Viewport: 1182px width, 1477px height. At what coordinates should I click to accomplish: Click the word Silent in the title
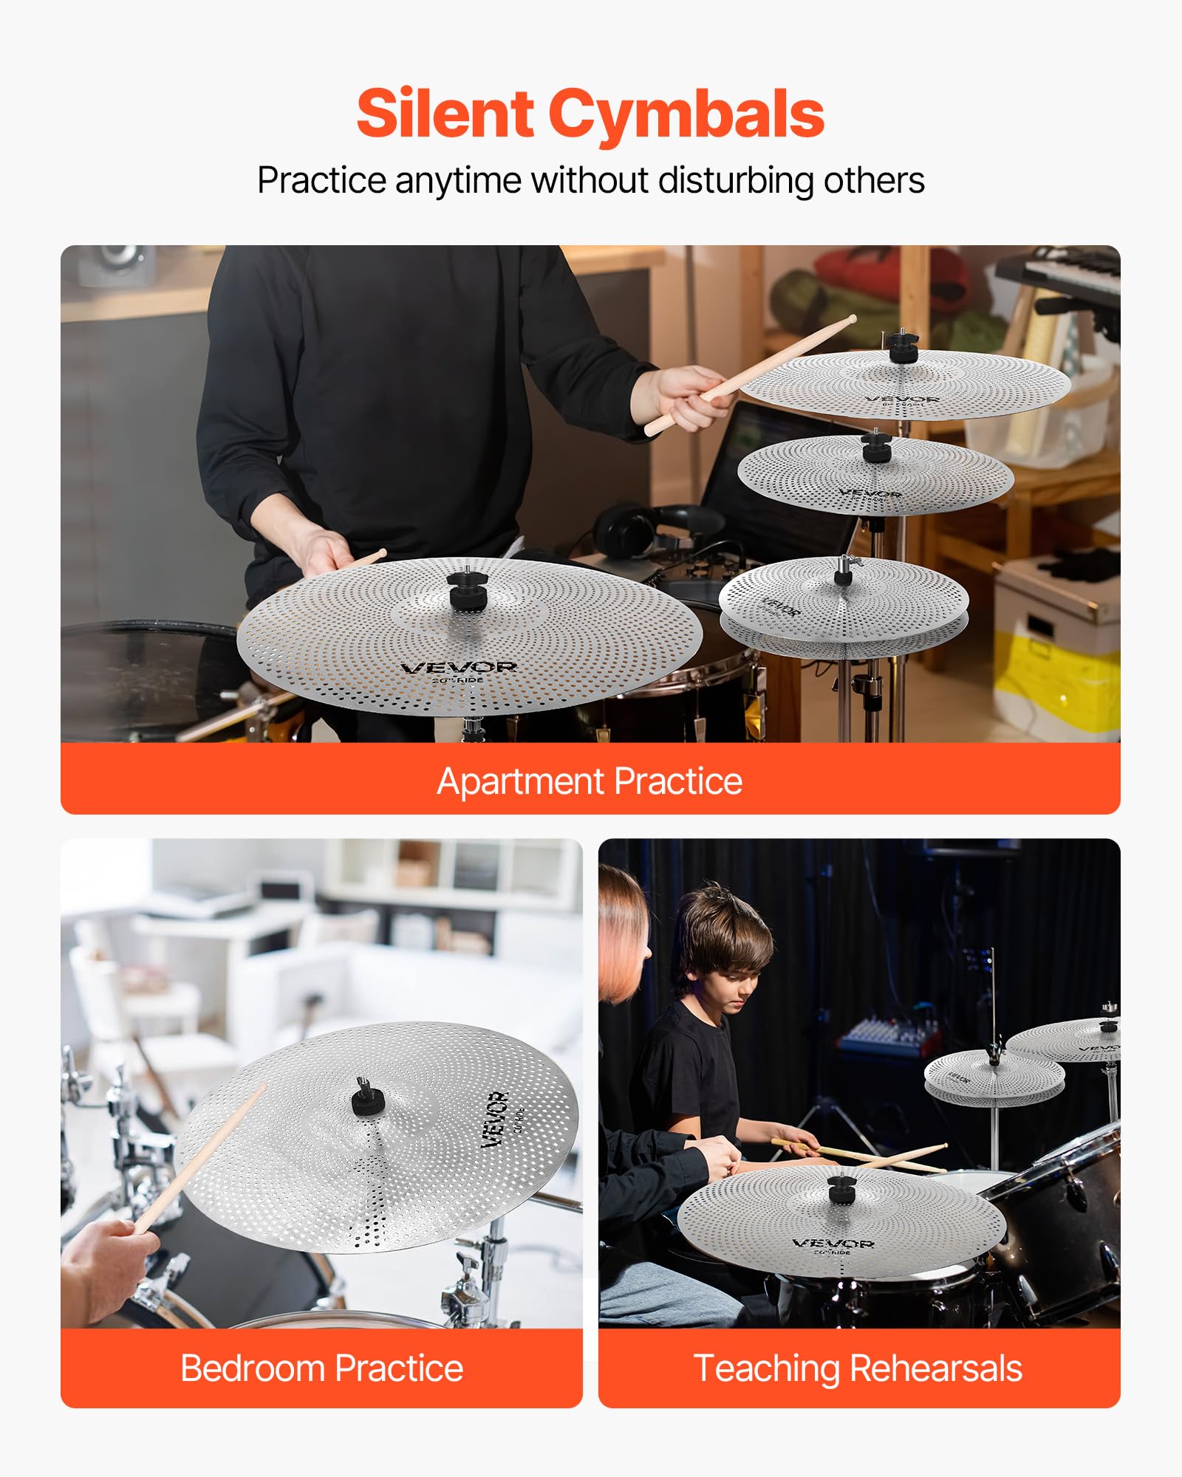coord(445,114)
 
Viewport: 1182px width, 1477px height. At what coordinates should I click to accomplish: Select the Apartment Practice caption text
coord(590,781)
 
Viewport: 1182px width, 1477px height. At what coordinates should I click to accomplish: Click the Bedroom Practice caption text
coord(321,1368)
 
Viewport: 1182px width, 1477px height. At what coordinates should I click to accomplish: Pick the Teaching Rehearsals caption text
coord(858,1368)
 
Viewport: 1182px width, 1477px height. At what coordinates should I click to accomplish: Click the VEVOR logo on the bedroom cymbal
coord(495,1119)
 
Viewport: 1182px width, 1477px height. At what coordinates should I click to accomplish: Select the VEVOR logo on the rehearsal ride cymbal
coord(833,1244)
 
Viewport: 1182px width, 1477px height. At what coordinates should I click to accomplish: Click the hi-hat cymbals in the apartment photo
coord(844,606)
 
